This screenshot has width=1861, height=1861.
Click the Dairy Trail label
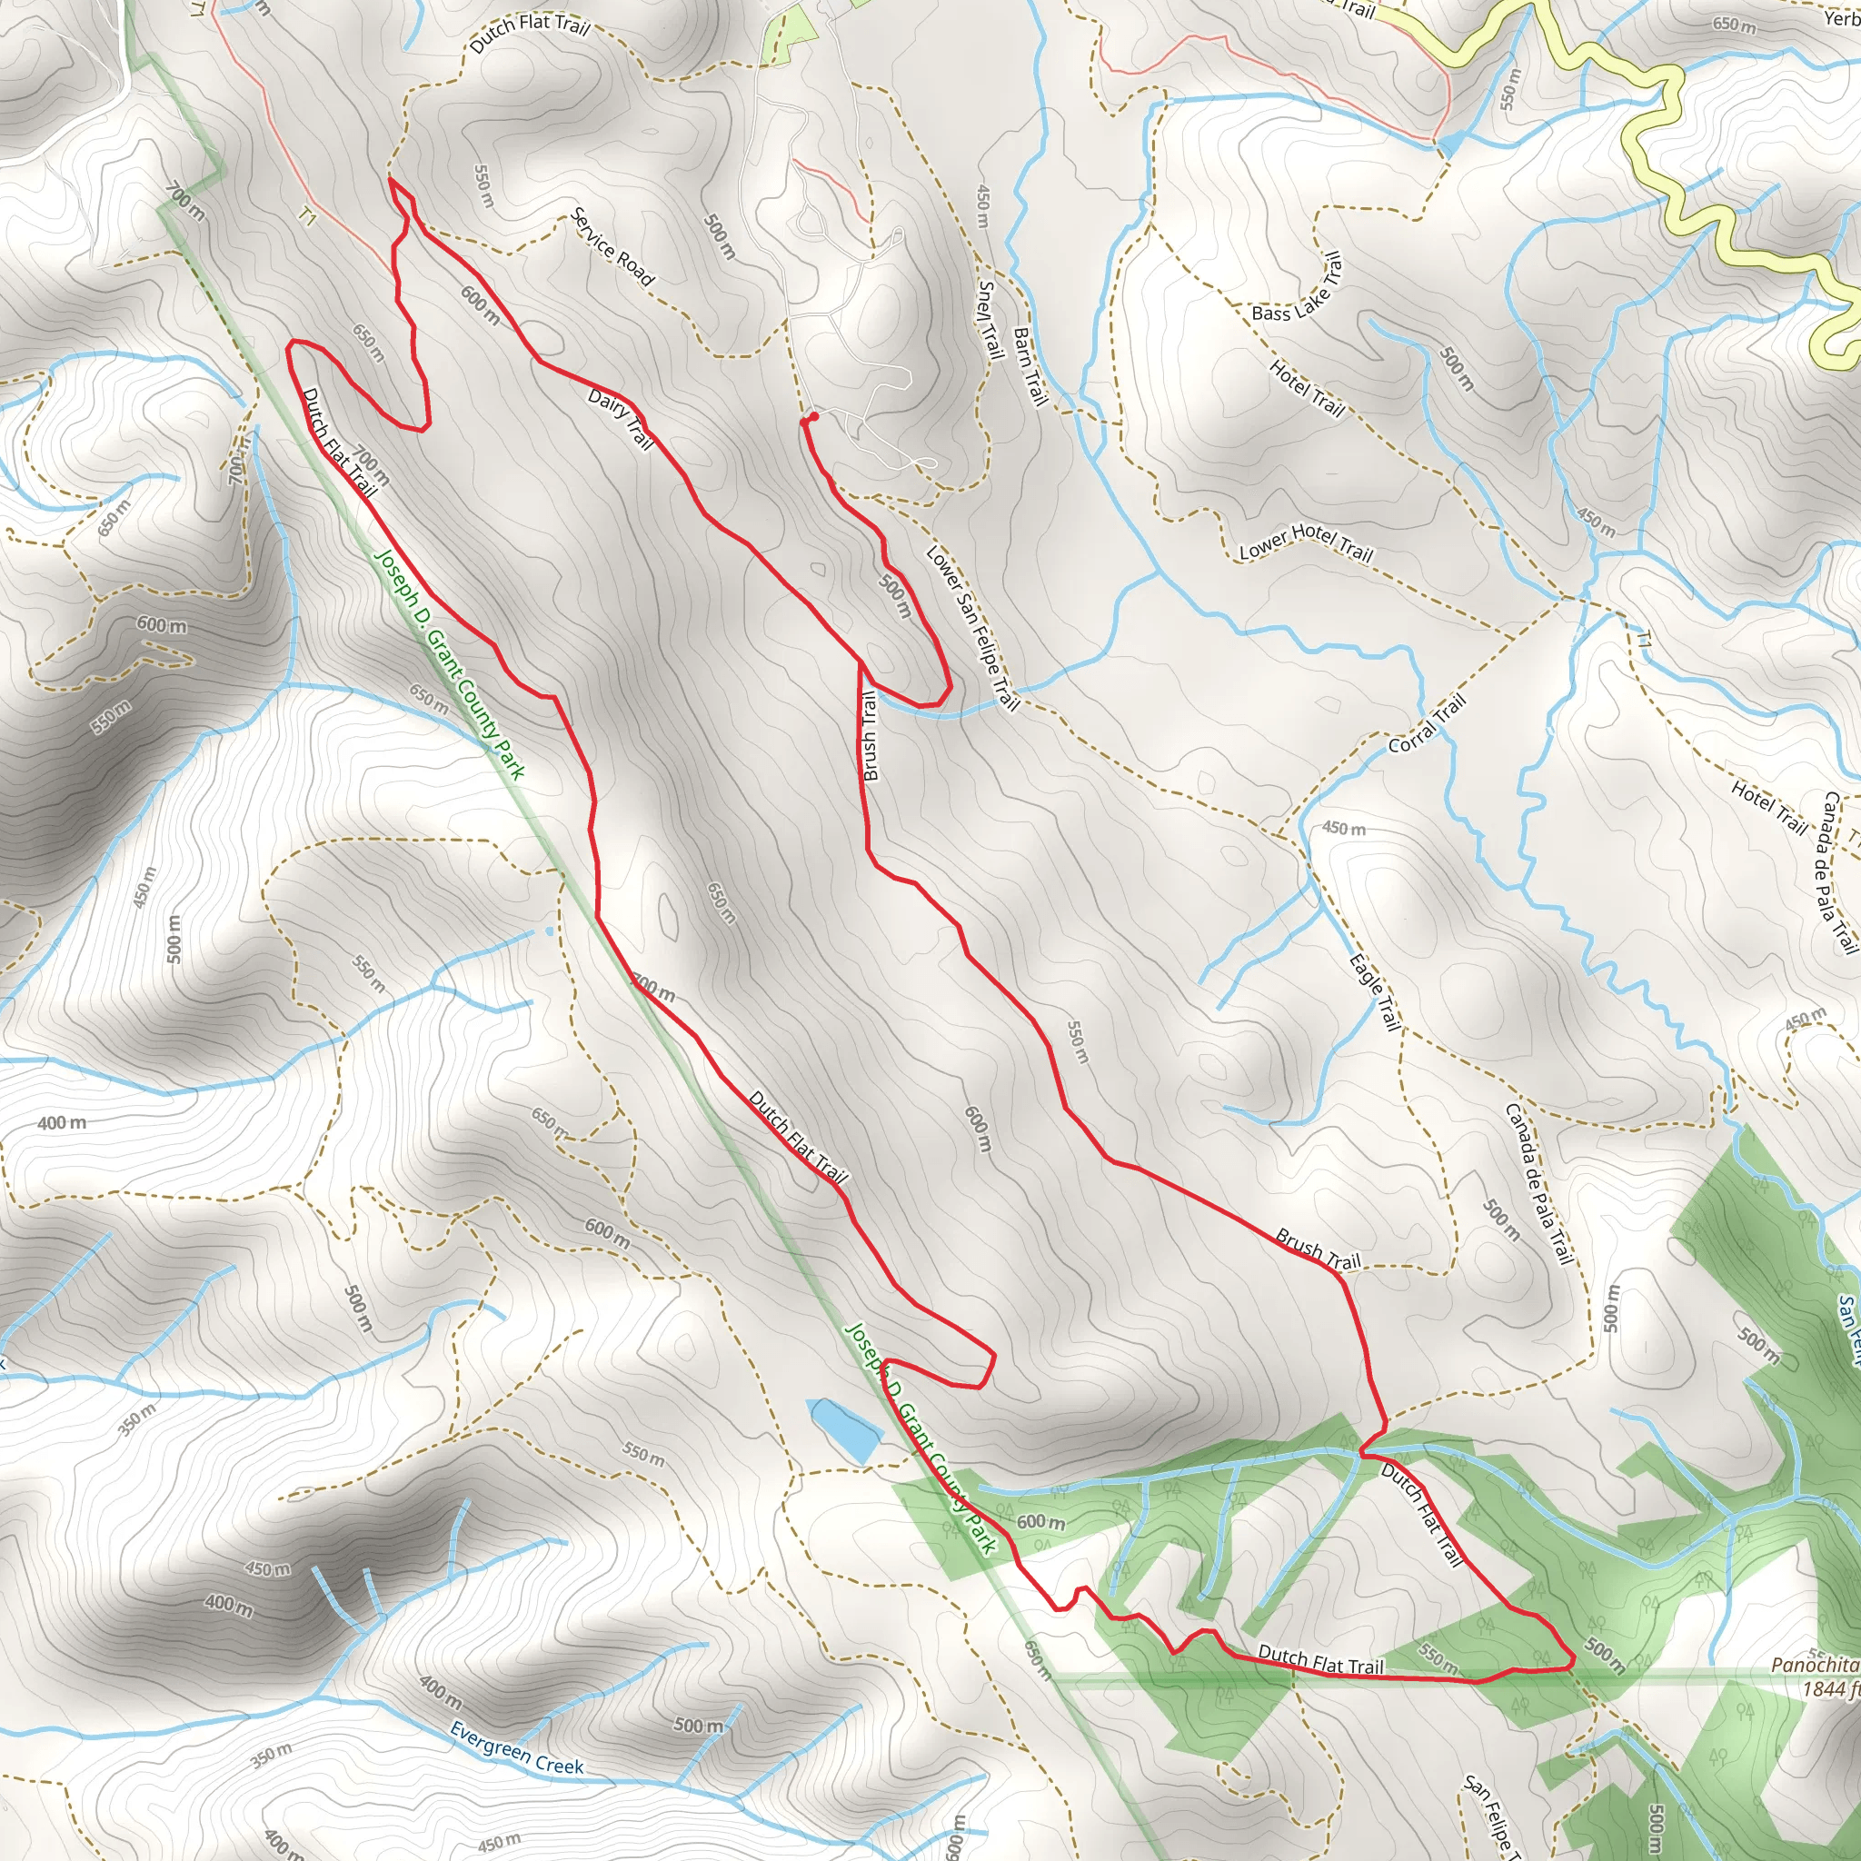click(621, 420)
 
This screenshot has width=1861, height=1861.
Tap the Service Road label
click(612, 246)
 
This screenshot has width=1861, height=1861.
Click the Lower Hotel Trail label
click(1305, 542)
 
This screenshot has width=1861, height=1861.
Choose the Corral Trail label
click(1428, 723)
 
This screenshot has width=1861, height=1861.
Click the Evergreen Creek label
click(516, 1748)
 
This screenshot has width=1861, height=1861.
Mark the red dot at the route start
click(813, 416)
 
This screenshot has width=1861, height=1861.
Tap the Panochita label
click(1814, 1665)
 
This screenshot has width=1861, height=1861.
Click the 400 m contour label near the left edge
click(62, 1122)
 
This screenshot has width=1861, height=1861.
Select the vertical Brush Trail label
click(870, 736)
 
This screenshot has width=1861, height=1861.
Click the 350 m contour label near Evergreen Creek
click(272, 1755)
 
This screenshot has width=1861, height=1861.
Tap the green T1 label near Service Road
click(306, 219)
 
